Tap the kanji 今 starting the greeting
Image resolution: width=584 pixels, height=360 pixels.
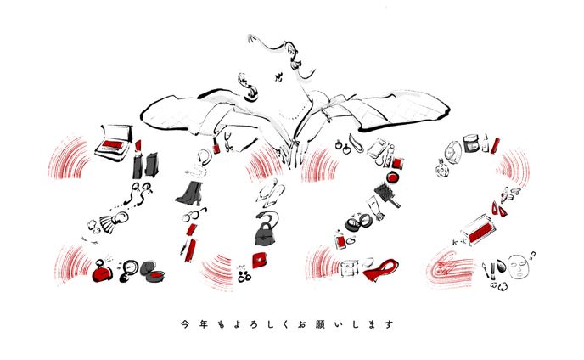tap(185, 324)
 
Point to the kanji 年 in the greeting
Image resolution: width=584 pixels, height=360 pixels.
tap(204, 324)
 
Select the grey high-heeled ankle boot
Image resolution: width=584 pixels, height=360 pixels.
tap(190, 193)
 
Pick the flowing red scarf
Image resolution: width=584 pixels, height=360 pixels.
tap(380, 268)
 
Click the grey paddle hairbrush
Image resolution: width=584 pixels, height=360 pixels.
tap(386, 194)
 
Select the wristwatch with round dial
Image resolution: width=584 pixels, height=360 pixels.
tap(453, 151)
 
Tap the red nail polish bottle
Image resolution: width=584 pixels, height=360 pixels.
tap(216, 146)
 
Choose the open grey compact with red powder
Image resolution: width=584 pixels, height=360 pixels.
tap(153, 273)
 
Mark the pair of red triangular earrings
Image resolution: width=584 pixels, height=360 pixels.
tap(499, 210)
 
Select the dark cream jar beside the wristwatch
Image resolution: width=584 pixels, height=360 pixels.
tap(471, 143)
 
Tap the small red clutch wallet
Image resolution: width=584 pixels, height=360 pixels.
tap(260, 260)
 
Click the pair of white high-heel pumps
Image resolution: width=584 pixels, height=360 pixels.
tap(271, 195)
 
